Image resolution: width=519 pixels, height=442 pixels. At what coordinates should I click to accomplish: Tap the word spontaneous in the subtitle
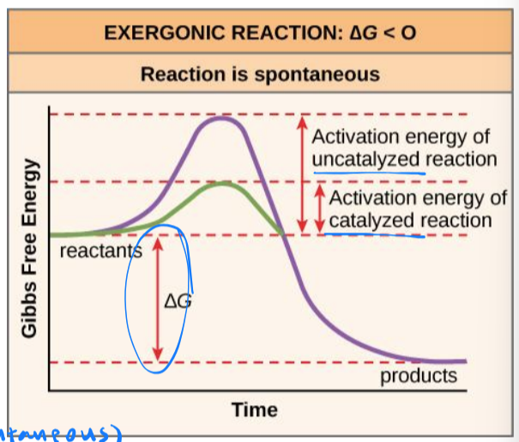(321, 75)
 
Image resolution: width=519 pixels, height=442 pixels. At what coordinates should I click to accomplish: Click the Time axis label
(255, 409)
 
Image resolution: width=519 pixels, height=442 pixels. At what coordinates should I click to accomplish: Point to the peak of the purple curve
(222, 117)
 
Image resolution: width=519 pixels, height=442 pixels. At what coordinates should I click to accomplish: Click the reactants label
(100, 251)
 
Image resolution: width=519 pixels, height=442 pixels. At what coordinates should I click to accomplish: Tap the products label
(418, 376)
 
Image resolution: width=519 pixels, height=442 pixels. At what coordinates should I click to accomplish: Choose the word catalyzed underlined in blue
(371, 221)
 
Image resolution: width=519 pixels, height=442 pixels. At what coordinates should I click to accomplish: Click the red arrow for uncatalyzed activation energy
(301, 172)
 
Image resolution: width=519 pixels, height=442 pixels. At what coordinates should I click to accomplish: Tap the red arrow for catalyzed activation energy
(319, 208)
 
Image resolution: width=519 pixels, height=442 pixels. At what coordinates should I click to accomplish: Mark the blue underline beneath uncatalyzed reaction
(369, 173)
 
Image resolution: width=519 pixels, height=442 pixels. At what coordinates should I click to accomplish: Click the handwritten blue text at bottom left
(60, 432)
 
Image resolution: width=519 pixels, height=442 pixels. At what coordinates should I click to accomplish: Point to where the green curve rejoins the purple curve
(282, 233)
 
